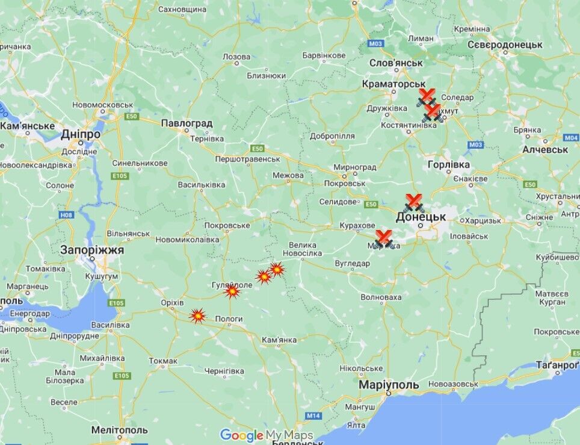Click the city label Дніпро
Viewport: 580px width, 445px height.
pos(80,134)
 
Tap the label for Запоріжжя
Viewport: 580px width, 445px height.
pos(92,249)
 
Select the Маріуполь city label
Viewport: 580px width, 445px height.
pos(388,384)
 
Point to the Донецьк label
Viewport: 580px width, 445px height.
pos(421,216)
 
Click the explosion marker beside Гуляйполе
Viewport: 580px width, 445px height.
pos(232,292)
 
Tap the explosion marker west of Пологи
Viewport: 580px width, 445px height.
pos(197,315)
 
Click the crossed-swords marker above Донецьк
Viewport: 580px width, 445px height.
pos(413,202)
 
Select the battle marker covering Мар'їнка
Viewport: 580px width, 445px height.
pos(383,239)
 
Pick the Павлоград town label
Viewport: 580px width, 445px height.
pos(187,123)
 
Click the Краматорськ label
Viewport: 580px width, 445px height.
pos(393,84)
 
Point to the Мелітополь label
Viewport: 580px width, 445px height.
pos(119,430)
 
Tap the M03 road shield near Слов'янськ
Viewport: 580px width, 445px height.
pos(376,43)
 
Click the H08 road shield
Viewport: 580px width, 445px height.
pos(66,214)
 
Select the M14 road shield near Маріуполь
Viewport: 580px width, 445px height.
pos(313,415)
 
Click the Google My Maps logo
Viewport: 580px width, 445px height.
pos(266,435)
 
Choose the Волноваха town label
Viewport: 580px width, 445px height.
pos(381,297)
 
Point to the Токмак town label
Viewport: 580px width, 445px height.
pos(163,361)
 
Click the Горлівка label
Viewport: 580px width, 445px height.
pos(448,164)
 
